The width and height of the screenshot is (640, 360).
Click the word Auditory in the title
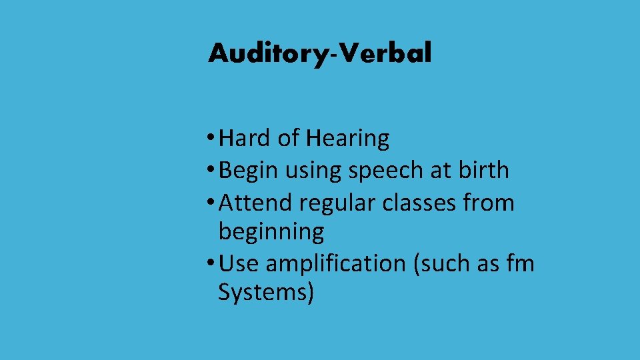coord(266,53)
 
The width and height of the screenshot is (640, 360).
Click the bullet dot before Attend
coord(210,202)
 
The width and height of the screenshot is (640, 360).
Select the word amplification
coord(335,265)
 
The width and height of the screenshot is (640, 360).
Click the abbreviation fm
coord(520,263)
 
